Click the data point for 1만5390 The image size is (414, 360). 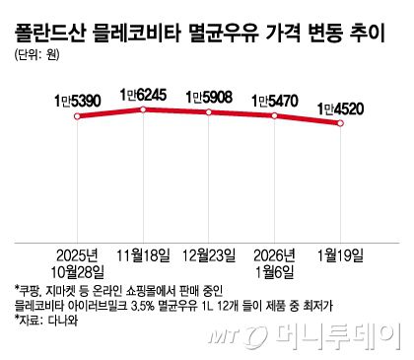click(x=76, y=116)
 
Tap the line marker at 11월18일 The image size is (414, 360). click(x=144, y=108)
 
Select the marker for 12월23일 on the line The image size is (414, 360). click(x=210, y=111)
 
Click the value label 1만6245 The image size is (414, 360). click(x=144, y=95)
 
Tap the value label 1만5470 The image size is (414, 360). click(x=277, y=101)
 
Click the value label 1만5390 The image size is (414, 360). click(x=76, y=102)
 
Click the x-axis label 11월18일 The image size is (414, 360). click(x=144, y=253)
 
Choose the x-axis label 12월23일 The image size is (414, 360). click(x=210, y=253)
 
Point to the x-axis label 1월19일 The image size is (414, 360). click(x=340, y=253)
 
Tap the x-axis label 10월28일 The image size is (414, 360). click(x=77, y=271)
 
